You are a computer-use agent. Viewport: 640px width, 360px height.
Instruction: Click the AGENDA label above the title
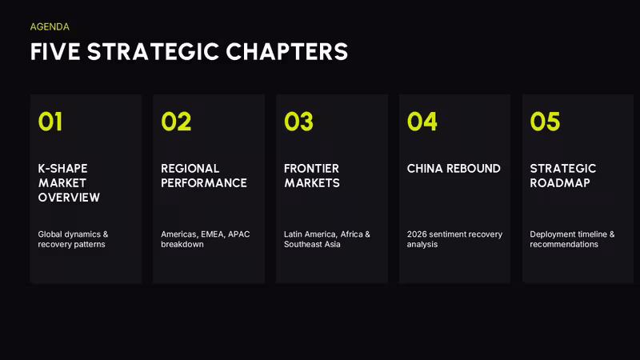coord(50,27)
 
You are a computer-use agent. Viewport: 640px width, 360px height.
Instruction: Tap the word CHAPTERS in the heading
coord(287,52)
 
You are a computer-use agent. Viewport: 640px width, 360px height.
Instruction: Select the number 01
coord(50,122)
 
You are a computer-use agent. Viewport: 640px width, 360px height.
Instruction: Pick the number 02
coord(176,122)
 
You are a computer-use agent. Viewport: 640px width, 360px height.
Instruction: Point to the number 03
coord(298,122)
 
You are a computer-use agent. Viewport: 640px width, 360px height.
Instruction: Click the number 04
coord(422,122)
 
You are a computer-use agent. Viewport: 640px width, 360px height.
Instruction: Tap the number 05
coord(545,122)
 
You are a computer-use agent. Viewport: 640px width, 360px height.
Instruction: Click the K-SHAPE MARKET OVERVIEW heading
coord(69,183)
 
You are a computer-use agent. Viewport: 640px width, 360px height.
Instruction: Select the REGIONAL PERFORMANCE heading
coord(204,175)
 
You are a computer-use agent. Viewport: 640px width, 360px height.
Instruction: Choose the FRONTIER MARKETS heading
coord(312,175)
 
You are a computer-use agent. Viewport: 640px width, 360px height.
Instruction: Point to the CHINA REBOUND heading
coord(454,169)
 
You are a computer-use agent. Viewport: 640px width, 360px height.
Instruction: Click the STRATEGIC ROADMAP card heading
coord(563,175)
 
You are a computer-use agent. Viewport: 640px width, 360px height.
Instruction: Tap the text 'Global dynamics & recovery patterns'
coord(73,239)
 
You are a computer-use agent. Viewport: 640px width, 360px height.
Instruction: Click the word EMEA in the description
coord(212,234)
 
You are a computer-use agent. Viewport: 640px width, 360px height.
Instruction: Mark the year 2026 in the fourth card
coord(416,234)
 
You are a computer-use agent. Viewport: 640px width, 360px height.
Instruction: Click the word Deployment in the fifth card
coord(548,234)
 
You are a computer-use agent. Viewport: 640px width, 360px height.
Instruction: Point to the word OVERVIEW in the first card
coord(69,198)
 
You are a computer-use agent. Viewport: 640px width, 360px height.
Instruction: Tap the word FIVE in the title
coord(55,52)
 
